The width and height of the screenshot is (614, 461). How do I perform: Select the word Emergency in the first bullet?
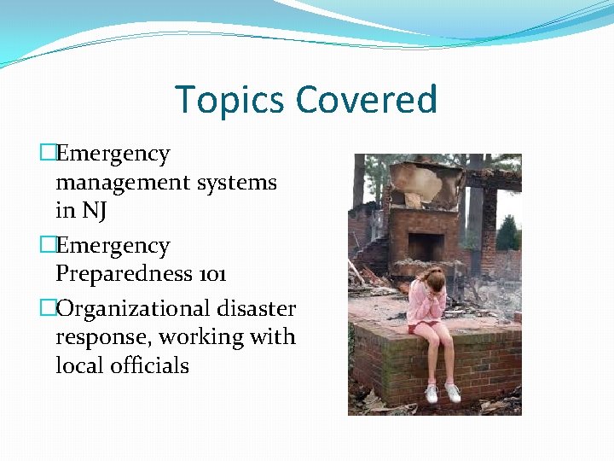pos(113,155)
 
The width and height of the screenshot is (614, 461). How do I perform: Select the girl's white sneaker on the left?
pos(432,394)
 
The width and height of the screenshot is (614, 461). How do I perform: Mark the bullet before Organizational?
pos(48,309)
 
